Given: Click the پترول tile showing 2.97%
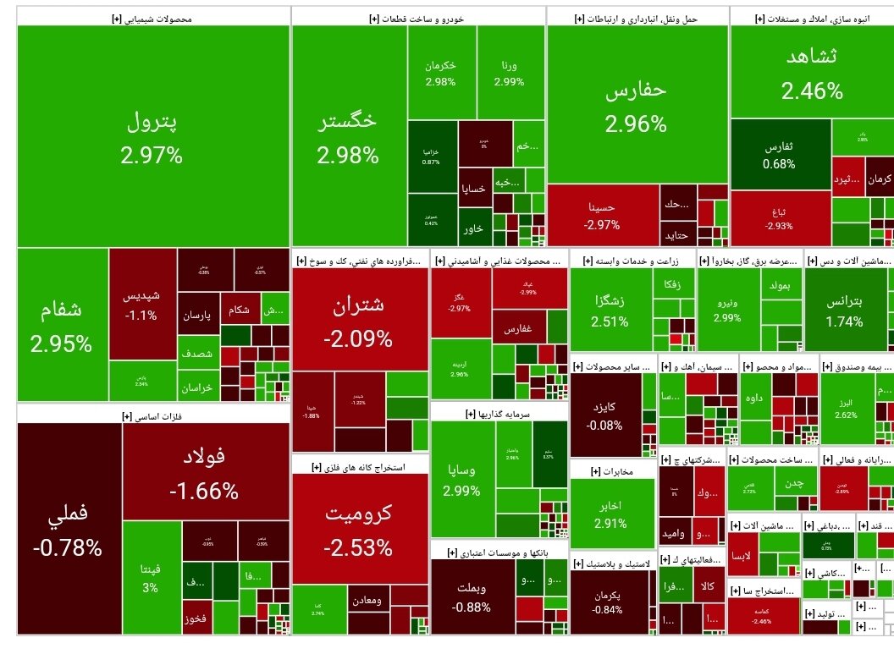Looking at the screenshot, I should click(x=152, y=137).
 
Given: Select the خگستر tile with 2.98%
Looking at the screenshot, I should click(x=348, y=137).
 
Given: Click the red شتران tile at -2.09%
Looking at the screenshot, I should click(x=359, y=322).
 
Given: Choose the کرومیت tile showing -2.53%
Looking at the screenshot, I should click(x=359, y=529).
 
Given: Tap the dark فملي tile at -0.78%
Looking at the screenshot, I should click(x=68, y=529).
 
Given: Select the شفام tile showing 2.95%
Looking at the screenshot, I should click(x=61, y=326).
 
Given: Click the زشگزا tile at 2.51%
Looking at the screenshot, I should click(x=610, y=309).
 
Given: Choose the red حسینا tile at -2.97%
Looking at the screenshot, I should click(x=602, y=215).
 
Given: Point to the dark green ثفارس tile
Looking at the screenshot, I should click(x=779, y=155).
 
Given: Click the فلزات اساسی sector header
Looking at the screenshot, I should click(x=152, y=415).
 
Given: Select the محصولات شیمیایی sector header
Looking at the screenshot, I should click(x=152, y=17).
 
